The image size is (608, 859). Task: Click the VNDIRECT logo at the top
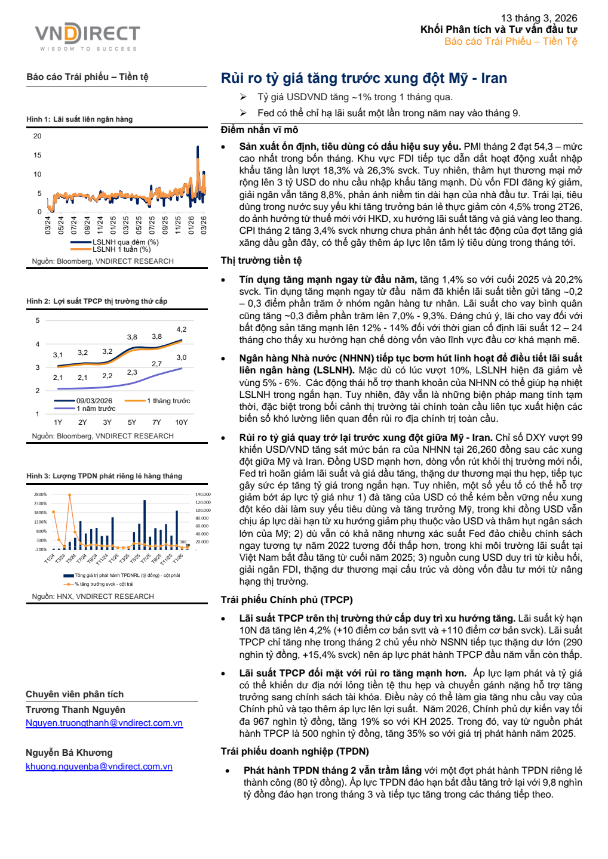(x=87, y=36)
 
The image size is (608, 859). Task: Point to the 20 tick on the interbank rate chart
(x=38, y=136)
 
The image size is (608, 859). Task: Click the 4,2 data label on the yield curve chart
(x=182, y=329)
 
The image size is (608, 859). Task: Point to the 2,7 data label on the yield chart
(x=156, y=364)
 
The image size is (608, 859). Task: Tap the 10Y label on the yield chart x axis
(x=182, y=422)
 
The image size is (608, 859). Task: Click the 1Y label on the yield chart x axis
(x=58, y=422)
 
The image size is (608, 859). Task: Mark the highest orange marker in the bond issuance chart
(x=70, y=495)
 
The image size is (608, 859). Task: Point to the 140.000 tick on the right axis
(x=203, y=495)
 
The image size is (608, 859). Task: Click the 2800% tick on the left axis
(x=41, y=495)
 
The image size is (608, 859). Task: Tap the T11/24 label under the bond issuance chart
(x=102, y=560)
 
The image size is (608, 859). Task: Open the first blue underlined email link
(x=104, y=723)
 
